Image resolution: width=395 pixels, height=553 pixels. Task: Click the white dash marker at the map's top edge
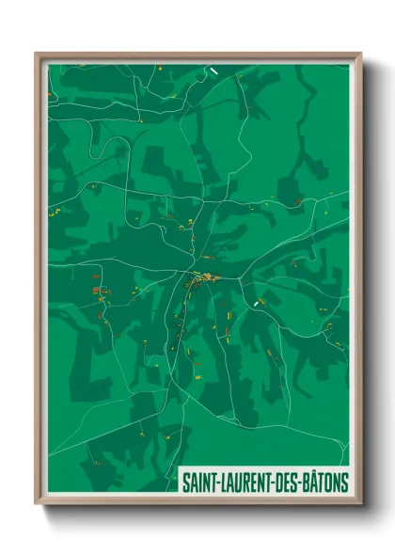tap(214, 70)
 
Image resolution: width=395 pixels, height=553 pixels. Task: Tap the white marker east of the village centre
tap(257, 304)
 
